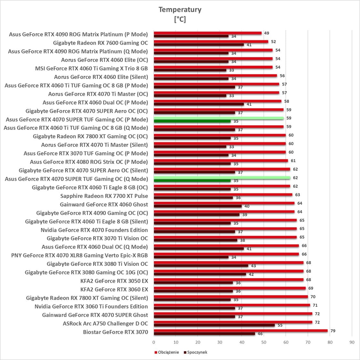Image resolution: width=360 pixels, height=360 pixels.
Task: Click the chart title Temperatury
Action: click(x=180, y=10)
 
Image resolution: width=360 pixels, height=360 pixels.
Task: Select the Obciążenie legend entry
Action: click(x=167, y=352)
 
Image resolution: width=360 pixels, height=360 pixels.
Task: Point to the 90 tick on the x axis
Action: click(x=352, y=342)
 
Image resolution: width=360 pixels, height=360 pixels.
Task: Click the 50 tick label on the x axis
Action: click(x=264, y=342)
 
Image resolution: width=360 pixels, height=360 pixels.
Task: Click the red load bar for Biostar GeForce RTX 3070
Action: click(x=240, y=331)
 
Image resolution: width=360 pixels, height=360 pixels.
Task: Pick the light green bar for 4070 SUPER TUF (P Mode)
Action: click(x=219, y=118)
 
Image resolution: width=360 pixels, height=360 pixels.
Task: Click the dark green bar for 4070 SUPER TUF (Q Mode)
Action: click(x=192, y=181)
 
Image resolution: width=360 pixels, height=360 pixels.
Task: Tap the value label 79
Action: click(x=333, y=331)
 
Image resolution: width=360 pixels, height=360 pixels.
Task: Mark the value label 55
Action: click(x=280, y=325)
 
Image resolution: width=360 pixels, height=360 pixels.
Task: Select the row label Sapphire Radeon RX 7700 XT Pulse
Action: click(x=104, y=196)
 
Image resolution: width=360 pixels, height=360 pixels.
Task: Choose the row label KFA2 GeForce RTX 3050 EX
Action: click(x=114, y=281)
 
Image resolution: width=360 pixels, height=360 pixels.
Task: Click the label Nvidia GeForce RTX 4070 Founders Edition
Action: click(x=94, y=230)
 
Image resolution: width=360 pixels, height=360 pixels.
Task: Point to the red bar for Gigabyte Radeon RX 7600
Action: click(x=211, y=42)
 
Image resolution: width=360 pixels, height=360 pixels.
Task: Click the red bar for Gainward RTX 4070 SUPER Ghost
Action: click(x=233, y=314)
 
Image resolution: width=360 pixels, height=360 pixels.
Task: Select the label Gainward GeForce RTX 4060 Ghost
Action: click(x=104, y=205)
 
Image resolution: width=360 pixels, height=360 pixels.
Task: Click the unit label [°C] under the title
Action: click(x=180, y=20)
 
